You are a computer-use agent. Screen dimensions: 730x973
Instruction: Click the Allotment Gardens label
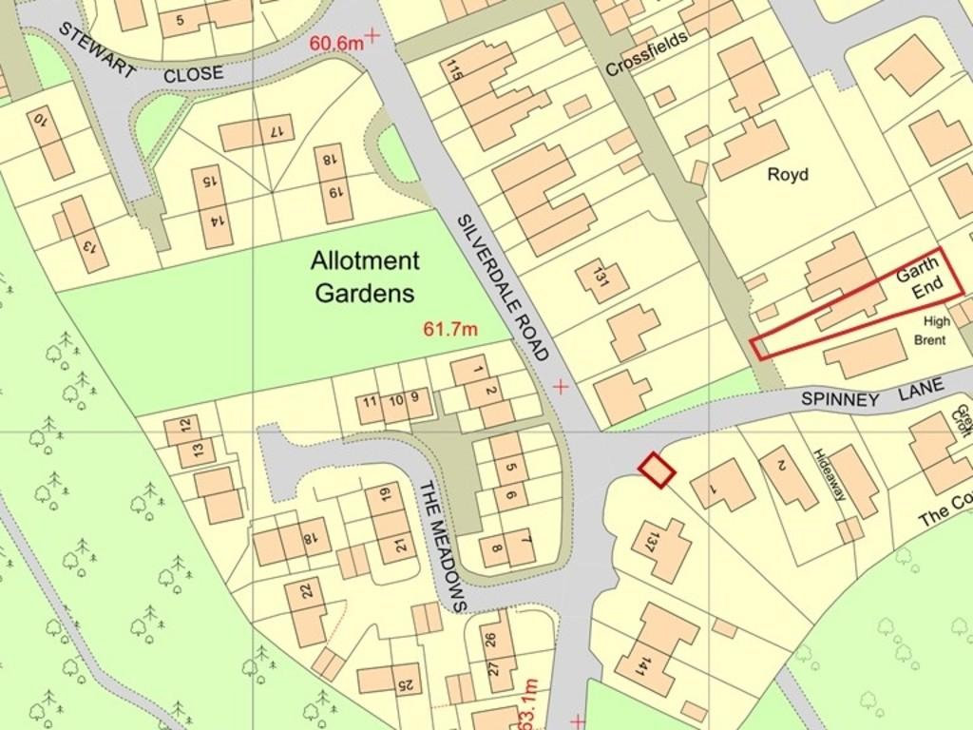pyautogui.click(x=365, y=277)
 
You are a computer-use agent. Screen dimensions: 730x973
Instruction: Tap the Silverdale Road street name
pyautogui.click(x=504, y=287)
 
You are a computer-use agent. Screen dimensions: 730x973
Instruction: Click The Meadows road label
pyautogui.click(x=444, y=545)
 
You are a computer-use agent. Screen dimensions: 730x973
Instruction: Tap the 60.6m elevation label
pyautogui.click(x=336, y=43)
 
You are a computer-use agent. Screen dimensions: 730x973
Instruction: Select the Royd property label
pyautogui.click(x=788, y=175)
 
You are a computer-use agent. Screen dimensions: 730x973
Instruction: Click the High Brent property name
pyautogui.click(x=930, y=331)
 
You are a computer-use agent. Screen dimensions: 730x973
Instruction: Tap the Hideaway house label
pyautogui.click(x=829, y=475)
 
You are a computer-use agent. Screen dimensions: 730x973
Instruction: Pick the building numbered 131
pyautogui.click(x=601, y=279)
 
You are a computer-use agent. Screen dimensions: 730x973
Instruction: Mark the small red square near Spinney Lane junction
pyautogui.click(x=656, y=471)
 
